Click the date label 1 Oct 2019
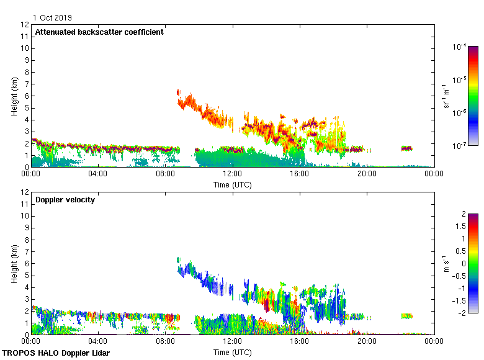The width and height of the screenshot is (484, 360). pyautogui.click(x=52, y=18)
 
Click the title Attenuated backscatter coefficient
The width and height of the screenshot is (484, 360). pyautogui.click(x=99, y=32)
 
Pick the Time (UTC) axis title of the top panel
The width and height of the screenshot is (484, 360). pyautogui.click(x=233, y=184)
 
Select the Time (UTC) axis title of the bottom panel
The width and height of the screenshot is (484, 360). pyautogui.click(x=233, y=352)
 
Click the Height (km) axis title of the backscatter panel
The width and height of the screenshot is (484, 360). pyautogui.click(x=14, y=96)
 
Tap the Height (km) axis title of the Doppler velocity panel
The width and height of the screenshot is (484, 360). pyautogui.click(x=14, y=264)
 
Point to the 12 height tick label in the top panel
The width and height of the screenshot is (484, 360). pyautogui.click(x=25, y=25)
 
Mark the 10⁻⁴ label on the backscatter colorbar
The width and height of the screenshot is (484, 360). pyautogui.click(x=459, y=47)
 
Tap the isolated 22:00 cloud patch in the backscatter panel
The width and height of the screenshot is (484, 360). pyautogui.click(x=406, y=148)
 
